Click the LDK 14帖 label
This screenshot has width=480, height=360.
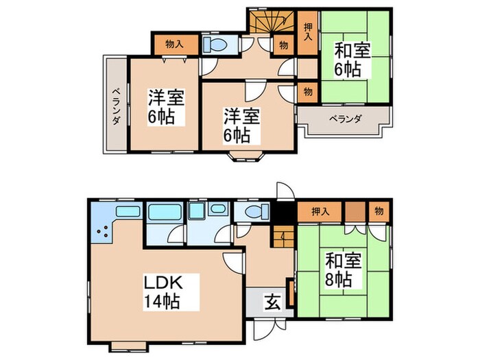click(162, 291)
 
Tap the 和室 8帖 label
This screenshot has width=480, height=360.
click(340, 269)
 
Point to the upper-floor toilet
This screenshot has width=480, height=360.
click(217, 45)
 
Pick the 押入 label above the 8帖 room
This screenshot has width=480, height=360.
click(320, 211)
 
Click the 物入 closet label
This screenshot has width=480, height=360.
click(175, 45)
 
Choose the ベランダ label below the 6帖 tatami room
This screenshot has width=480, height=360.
click(344, 118)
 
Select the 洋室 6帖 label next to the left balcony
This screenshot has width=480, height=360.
click(165, 106)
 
